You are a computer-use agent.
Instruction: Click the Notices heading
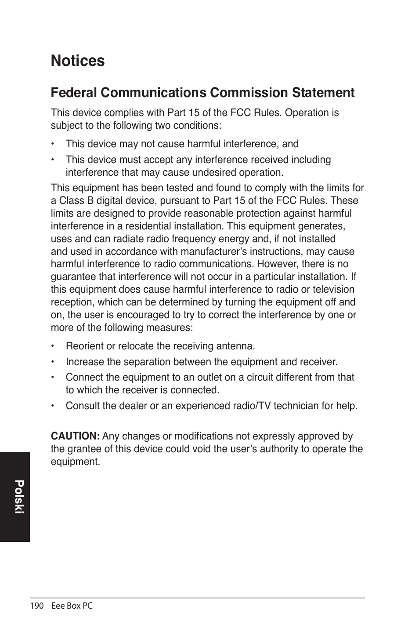[x=78, y=61]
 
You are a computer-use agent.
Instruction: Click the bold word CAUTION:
[x=75, y=436]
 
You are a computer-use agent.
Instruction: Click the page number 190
[x=37, y=606]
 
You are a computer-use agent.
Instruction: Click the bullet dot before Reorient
[x=52, y=346]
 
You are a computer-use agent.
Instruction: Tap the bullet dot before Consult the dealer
[x=52, y=406]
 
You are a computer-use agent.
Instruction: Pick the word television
[x=333, y=290]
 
